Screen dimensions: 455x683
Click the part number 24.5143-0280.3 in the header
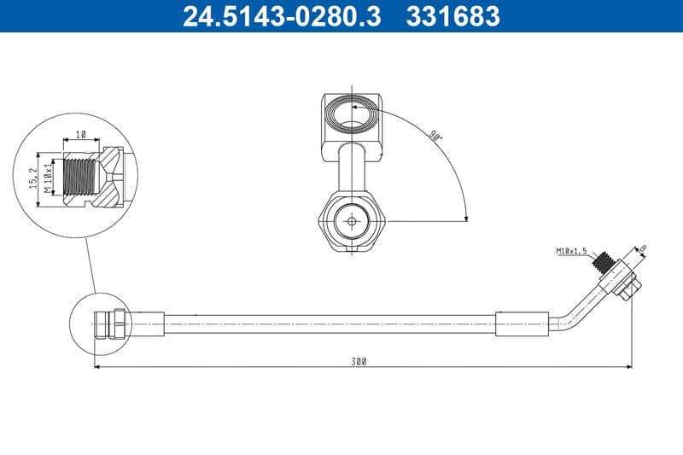pyautogui.click(x=282, y=16)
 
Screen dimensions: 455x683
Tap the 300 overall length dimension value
pyautogui.click(x=358, y=361)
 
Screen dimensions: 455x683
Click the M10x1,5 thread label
pyautogui.click(x=573, y=251)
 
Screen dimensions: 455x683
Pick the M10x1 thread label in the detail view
pyautogui.click(x=49, y=177)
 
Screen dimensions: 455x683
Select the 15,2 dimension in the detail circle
pyautogui.click(x=32, y=177)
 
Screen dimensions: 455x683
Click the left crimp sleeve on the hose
pyautogui.click(x=145, y=324)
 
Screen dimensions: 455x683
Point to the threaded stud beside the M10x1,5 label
pyautogui.click(x=607, y=260)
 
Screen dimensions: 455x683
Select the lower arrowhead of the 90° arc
pyautogui.click(x=465, y=217)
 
